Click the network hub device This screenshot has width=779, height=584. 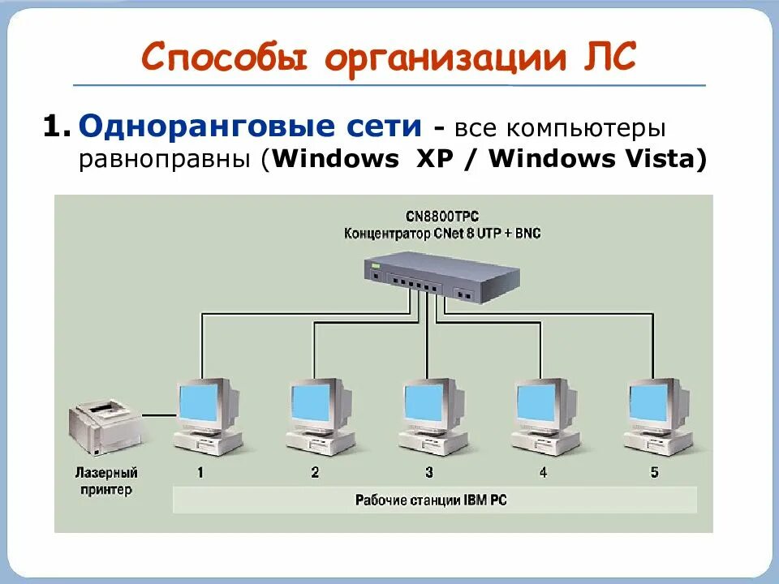pos(441,276)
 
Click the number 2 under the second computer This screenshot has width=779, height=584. pos(315,472)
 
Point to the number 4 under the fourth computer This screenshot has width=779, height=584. pos(542,472)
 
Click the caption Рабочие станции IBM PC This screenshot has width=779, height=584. pos(431,500)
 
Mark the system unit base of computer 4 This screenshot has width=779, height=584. pos(545,443)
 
